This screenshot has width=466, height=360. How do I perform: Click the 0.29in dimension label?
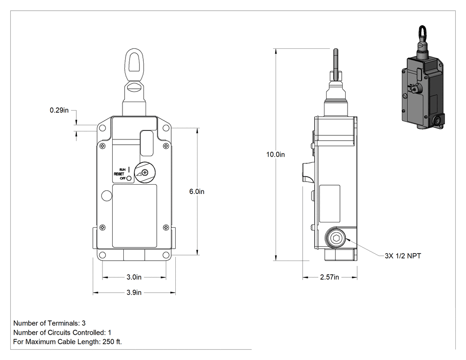pos(59,110)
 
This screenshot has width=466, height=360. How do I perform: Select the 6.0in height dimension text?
pos(197,192)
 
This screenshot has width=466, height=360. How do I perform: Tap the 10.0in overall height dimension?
pos(276,154)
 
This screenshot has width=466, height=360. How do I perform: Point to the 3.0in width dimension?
pos(134,277)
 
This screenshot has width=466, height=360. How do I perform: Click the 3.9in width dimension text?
pos(134,293)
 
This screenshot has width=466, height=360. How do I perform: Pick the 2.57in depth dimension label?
pos(330,277)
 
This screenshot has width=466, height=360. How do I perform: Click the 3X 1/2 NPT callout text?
pos(403,256)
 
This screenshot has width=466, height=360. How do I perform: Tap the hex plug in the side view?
pos(336,238)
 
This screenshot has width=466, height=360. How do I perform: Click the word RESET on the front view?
pos(119,174)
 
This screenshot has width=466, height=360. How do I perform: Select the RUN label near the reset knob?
pos(122,170)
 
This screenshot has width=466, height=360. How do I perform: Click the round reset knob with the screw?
pos(145,172)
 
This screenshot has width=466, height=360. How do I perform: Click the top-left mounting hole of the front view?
pos(102,128)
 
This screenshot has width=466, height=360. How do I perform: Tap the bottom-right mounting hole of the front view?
pos(166,255)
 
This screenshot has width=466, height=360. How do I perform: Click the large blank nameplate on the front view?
pos(134,216)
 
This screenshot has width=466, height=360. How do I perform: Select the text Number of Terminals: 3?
pos(49,323)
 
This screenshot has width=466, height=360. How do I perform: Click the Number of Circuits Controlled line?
pos(62,332)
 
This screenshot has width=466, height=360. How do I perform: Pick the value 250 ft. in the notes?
pos(112,342)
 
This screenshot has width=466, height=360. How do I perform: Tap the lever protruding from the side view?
pos(308,172)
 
